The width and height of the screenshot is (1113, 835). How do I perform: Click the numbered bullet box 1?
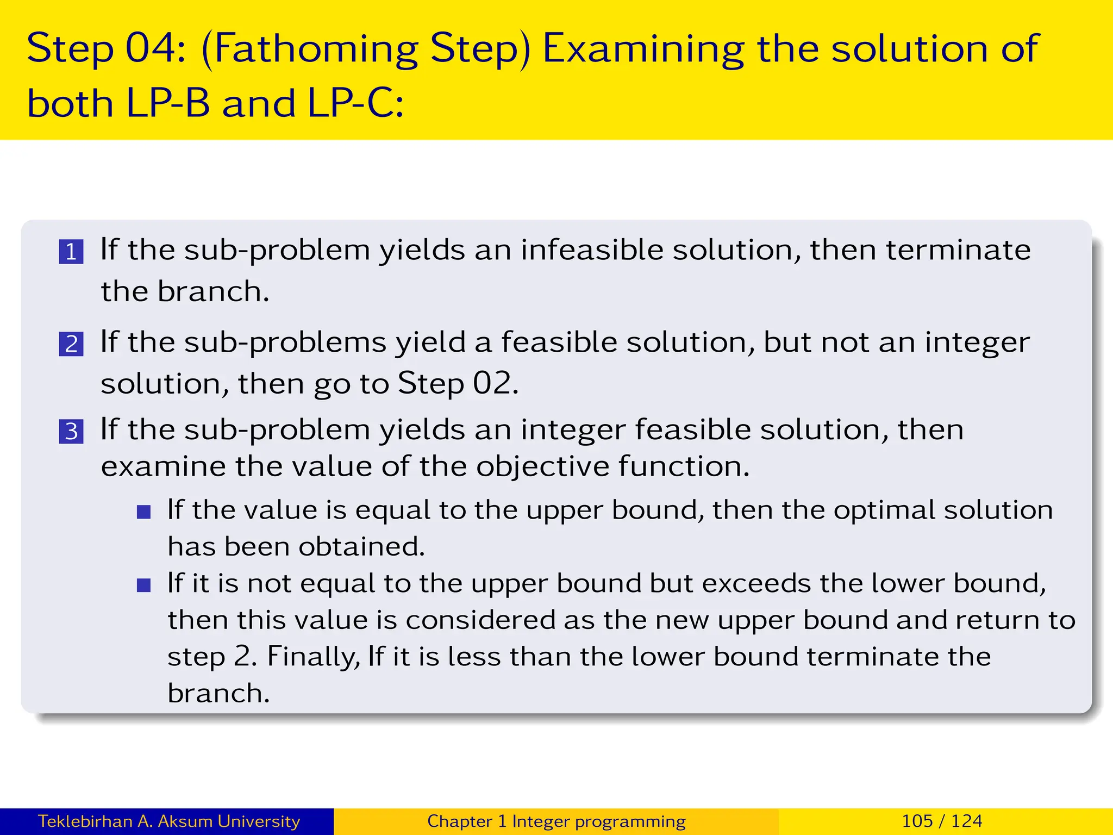point(71,252)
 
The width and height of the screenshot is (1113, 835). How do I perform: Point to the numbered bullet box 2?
point(71,344)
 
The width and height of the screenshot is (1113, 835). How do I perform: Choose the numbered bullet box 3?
point(71,432)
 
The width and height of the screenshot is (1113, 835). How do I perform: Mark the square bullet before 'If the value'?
point(143,512)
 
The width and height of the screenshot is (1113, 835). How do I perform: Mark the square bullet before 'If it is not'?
point(143,585)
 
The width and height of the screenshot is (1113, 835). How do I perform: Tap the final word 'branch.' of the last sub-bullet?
point(218,693)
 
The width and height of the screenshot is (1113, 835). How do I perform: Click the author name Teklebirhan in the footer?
point(86,821)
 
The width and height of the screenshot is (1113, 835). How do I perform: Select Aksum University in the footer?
point(229,821)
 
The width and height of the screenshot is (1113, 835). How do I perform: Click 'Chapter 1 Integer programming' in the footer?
point(556,821)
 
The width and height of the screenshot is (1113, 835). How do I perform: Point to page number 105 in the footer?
point(917,821)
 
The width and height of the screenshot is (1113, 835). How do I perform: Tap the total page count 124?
point(967,821)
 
